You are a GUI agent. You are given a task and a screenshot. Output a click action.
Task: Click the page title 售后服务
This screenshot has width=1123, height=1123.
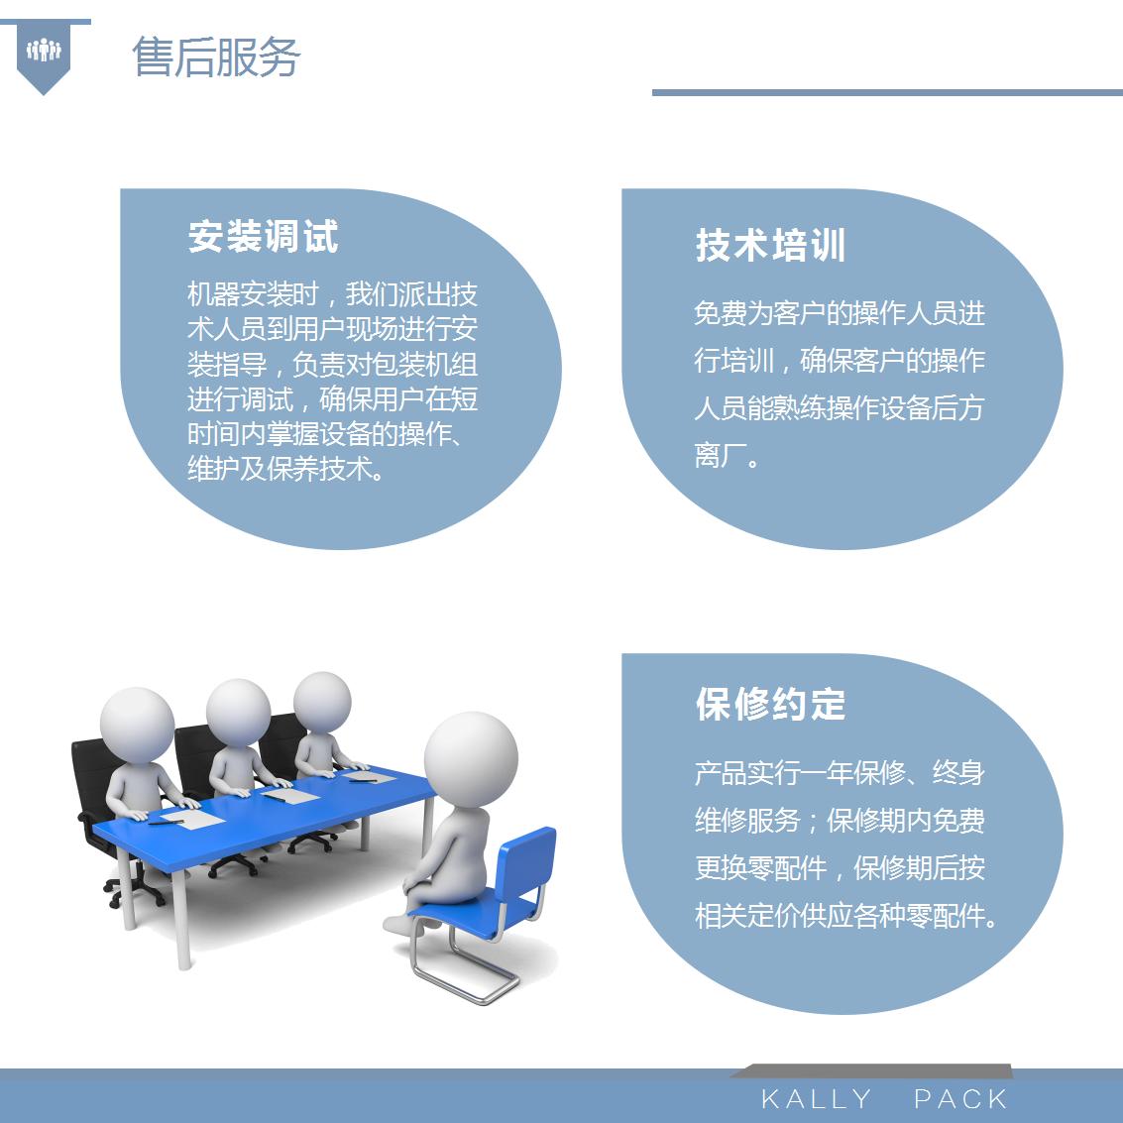pyautogui.click(x=216, y=56)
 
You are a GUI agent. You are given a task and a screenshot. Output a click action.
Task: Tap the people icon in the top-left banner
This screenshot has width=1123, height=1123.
pyautogui.click(x=44, y=51)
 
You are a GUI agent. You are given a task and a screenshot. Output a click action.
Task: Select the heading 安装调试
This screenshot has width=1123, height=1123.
pyautogui.click(x=263, y=236)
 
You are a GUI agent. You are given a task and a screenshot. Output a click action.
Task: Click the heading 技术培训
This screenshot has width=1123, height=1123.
pyautogui.click(x=770, y=245)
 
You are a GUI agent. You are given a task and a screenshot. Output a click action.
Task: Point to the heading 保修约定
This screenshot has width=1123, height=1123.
pyautogui.click(x=770, y=704)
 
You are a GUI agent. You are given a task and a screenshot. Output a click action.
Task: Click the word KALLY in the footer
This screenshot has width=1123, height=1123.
pyautogui.click(x=816, y=1098)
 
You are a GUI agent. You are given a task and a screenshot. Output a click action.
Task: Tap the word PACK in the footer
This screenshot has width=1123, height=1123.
pyautogui.click(x=960, y=1098)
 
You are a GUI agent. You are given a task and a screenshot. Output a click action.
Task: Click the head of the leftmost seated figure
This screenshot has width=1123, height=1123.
pyautogui.click(x=137, y=725)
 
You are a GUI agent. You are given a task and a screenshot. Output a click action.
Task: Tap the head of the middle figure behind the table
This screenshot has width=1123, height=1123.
pyautogui.click(x=239, y=712)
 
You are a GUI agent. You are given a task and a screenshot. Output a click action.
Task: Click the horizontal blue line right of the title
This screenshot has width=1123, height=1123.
pyautogui.click(x=887, y=92)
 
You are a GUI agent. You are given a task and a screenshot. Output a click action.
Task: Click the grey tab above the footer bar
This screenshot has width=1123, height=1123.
pyautogui.click(x=871, y=1070)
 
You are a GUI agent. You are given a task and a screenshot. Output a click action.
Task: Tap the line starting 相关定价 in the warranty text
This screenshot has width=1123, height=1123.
pyautogui.click(x=845, y=915)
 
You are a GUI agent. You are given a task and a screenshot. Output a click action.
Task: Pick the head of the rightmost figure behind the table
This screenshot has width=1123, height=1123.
pyautogui.click(x=322, y=702)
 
